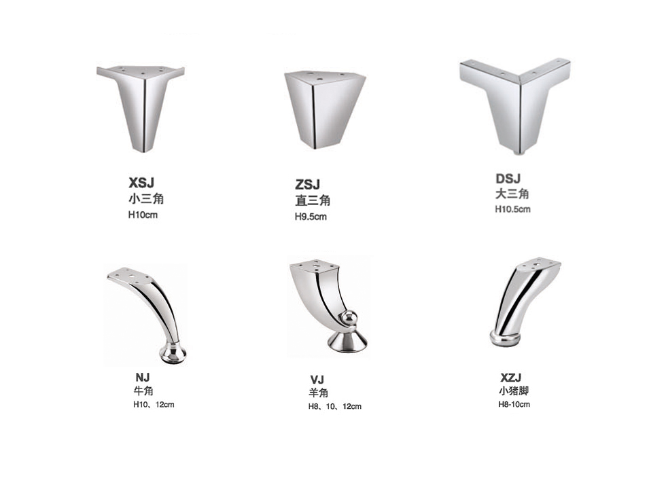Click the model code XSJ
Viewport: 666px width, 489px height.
coord(141,183)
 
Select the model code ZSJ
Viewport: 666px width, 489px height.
coord(307,185)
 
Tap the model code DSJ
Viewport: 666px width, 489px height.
coord(508,179)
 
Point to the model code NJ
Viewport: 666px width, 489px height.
coord(143,378)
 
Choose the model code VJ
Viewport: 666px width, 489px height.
coord(317,380)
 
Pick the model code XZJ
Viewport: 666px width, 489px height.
coord(510,378)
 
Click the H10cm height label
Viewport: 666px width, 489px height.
coord(143,215)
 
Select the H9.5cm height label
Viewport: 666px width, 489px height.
coord(311,217)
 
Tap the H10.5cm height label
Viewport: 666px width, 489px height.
coord(512,209)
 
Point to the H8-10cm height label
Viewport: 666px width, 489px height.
coord(514,405)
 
